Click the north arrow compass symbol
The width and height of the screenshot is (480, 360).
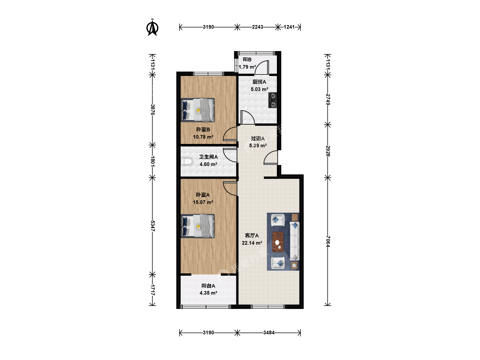152,27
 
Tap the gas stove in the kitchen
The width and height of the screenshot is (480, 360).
273,100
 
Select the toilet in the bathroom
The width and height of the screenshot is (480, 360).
187,162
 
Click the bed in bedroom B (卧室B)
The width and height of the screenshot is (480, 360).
198,110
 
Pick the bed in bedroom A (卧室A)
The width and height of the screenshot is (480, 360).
198,226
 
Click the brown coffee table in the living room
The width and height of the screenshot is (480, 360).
278,242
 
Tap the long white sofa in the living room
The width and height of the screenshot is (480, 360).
295,241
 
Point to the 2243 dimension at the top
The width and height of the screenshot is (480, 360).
257,27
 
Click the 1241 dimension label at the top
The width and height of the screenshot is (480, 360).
289,27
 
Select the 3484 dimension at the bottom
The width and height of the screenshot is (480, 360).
269,333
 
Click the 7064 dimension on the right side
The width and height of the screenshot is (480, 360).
328,241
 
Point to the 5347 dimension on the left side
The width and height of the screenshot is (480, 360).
153,226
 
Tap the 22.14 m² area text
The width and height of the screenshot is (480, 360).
252,243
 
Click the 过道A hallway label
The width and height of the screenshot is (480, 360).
258,138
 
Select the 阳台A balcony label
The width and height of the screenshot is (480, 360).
208,286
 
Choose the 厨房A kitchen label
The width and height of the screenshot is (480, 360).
259,82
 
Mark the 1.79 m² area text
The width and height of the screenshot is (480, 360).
247,67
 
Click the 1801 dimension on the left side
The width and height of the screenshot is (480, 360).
153,161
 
